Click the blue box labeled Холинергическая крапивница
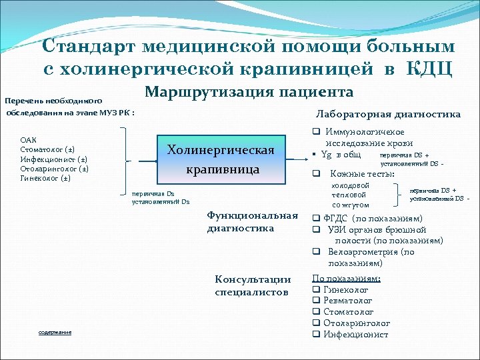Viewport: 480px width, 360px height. coord(221,159)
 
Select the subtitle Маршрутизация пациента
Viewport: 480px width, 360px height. coord(249,92)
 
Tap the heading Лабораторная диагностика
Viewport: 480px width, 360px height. coord(388,114)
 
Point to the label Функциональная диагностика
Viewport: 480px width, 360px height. coord(252,222)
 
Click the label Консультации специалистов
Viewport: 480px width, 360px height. coord(253,285)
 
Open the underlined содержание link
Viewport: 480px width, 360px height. coord(55,332)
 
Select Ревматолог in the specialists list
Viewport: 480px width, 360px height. coord(347,301)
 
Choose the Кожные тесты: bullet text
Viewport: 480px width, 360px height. coord(362,174)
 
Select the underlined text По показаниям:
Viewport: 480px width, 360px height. coord(346,279)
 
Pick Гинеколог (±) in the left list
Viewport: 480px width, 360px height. coord(46,178)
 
